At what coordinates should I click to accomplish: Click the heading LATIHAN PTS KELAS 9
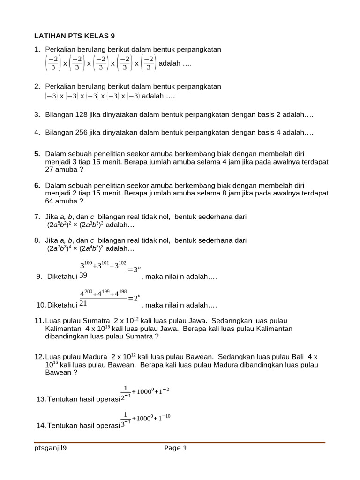[75, 36]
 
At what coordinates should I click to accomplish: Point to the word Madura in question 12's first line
[98, 357]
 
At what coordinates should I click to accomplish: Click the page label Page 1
[176, 448]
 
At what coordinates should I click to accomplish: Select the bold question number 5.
[37, 154]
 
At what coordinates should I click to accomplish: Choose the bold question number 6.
[37, 186]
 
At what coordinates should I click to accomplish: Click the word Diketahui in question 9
[62, 277]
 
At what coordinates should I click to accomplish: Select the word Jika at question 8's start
[51, 240]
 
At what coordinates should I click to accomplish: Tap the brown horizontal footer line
[180, 442]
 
